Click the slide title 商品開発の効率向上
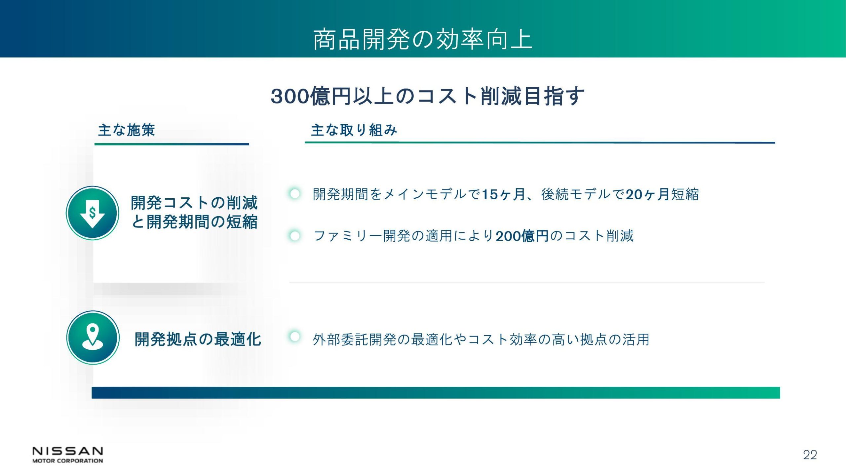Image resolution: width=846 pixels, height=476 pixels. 423,40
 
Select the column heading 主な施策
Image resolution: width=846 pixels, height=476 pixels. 126,130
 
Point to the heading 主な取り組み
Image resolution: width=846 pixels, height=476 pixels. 354,130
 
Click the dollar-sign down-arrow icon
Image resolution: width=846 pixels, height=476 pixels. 93,213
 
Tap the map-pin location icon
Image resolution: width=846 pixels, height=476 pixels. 93,337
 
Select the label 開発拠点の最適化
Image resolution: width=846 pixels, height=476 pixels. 198,339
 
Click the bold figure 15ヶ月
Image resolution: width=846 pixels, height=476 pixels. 503,194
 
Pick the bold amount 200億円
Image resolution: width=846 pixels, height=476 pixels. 522,236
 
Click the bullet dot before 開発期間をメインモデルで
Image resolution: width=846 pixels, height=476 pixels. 294,194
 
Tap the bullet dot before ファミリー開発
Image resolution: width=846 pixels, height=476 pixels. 294,236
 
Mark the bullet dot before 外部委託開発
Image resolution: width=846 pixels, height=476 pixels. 294,337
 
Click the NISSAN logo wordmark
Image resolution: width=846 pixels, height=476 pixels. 68,452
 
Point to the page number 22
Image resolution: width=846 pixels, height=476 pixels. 810,455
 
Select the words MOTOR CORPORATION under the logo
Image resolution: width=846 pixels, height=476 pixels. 68,461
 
